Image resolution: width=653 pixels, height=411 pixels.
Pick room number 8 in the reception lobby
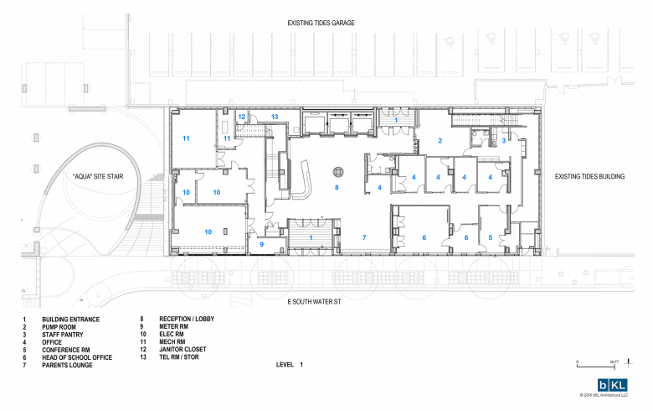click(x=337, y=188)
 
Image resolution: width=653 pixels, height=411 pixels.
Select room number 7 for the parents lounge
click(x=364, y=238)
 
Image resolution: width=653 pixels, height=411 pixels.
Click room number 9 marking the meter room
click(x=261, y=244)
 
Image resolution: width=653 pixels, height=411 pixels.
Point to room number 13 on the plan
click(x=274, y=117)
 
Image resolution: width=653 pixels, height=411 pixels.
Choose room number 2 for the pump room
click(x=440, y=140)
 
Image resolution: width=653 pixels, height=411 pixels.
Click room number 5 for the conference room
click(x=491, y=238)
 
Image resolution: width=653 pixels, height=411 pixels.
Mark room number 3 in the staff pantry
click(x=503, y=141)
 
